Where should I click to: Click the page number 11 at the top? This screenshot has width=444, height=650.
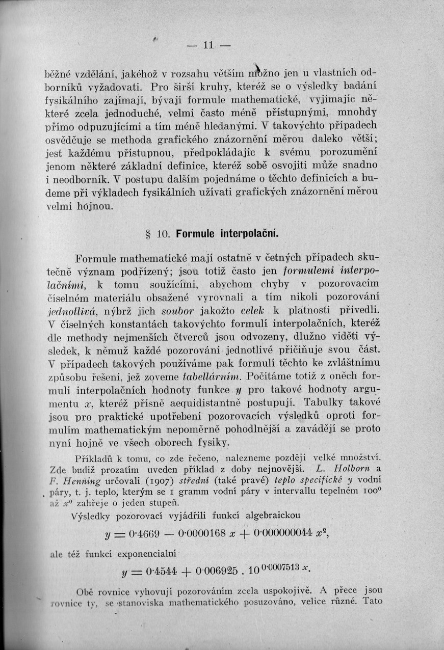(208, 45)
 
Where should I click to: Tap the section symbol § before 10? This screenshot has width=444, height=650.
(149, 234)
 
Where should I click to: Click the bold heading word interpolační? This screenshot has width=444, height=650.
(249, 234)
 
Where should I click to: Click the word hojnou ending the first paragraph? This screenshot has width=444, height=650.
(98, 207)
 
